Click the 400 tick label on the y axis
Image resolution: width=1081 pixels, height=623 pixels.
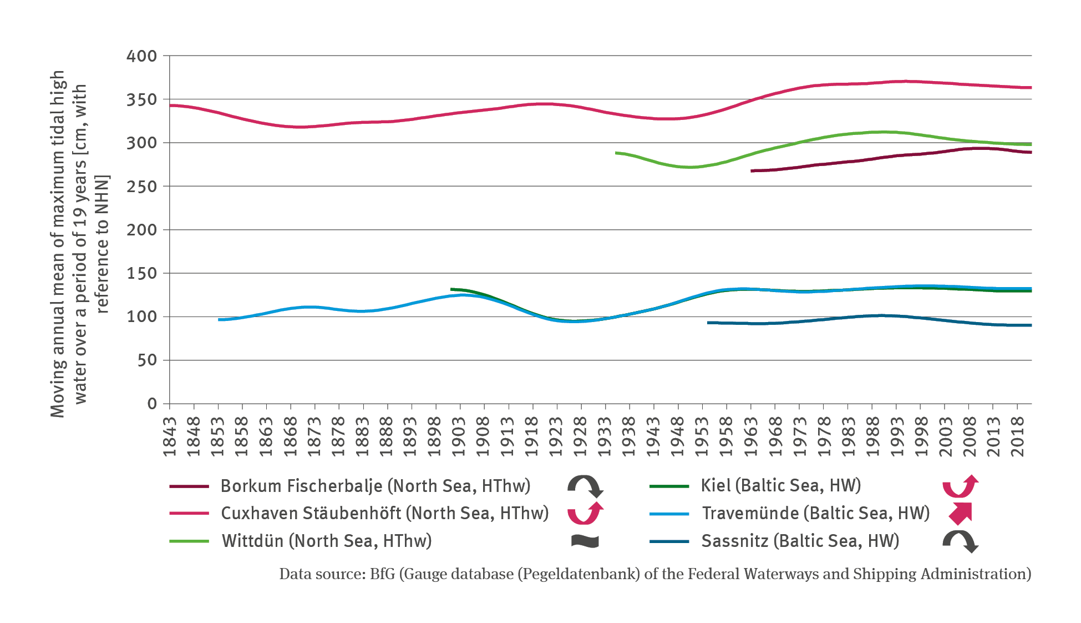(x=141, y=56)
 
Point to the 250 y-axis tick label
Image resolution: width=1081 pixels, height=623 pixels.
(x=141, y=187)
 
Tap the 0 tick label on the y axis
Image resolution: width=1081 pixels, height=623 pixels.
(x=152, y=404)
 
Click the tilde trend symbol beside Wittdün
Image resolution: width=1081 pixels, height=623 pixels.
(x=585, y=541)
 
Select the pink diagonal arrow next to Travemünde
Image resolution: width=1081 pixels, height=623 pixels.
(x=960, y=513)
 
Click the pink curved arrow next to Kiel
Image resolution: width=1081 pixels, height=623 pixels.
(x=960, y=486)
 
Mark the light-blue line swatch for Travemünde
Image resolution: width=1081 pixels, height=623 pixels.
(x=669, y=514)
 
